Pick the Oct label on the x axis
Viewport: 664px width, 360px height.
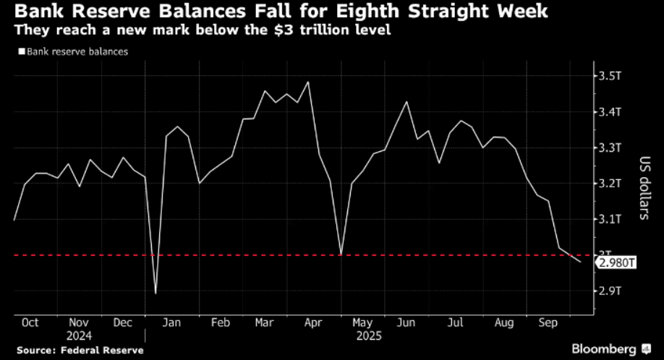[30, 323]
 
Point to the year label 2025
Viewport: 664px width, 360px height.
[368, 335]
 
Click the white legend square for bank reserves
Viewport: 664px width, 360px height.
[22, 52]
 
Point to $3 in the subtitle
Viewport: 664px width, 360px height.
[274, 31]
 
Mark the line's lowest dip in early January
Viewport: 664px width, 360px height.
[156, 294]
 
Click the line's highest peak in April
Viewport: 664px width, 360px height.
[310, 82]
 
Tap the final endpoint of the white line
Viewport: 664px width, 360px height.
[580, 262]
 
